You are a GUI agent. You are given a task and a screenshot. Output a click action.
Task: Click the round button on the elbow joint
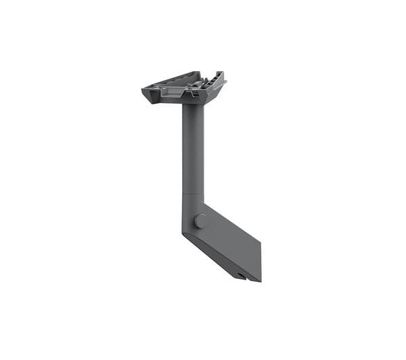(200, 221)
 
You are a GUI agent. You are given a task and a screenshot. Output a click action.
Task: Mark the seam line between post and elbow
(193, 195)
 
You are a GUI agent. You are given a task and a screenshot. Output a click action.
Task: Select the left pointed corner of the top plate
(143, 89)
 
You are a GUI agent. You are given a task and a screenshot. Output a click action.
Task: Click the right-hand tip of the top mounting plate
(224, 83)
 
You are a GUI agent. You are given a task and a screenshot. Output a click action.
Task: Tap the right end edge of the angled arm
(261, 261)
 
